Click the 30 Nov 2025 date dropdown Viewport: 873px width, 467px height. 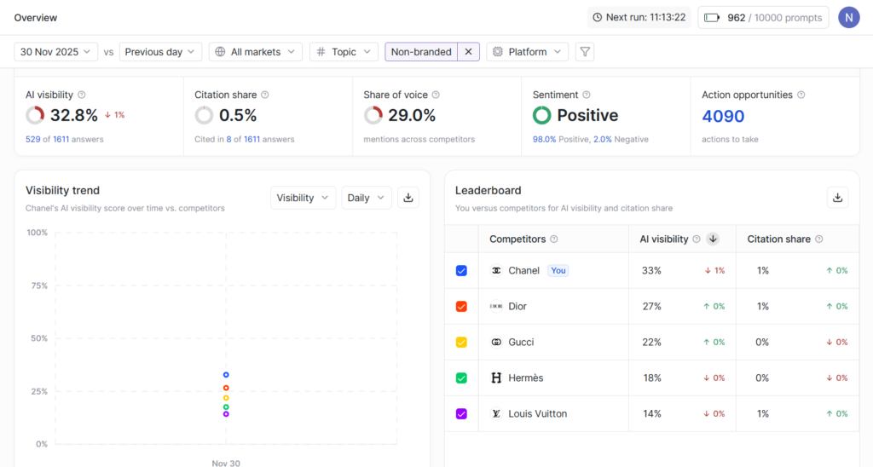56,52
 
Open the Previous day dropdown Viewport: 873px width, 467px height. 160,52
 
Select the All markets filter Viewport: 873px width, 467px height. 256,52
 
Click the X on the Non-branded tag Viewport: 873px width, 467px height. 468,52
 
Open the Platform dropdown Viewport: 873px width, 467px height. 527,52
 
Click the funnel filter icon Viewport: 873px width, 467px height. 585,52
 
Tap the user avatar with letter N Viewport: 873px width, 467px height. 848,18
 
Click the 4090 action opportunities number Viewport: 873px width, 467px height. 723,116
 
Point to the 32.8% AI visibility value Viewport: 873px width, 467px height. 74,116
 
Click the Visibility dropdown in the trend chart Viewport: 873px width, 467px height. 303,198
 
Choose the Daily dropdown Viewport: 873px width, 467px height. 366,198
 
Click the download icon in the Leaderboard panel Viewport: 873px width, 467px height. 837,198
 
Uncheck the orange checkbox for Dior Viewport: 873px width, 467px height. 461,307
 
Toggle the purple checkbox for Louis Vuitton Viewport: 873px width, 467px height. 461,414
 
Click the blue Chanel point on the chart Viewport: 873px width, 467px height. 226,375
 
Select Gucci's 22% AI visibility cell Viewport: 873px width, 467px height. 651,343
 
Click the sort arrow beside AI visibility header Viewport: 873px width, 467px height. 713,239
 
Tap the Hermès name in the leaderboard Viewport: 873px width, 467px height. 525,378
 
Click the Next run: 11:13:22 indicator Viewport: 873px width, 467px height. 639,18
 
